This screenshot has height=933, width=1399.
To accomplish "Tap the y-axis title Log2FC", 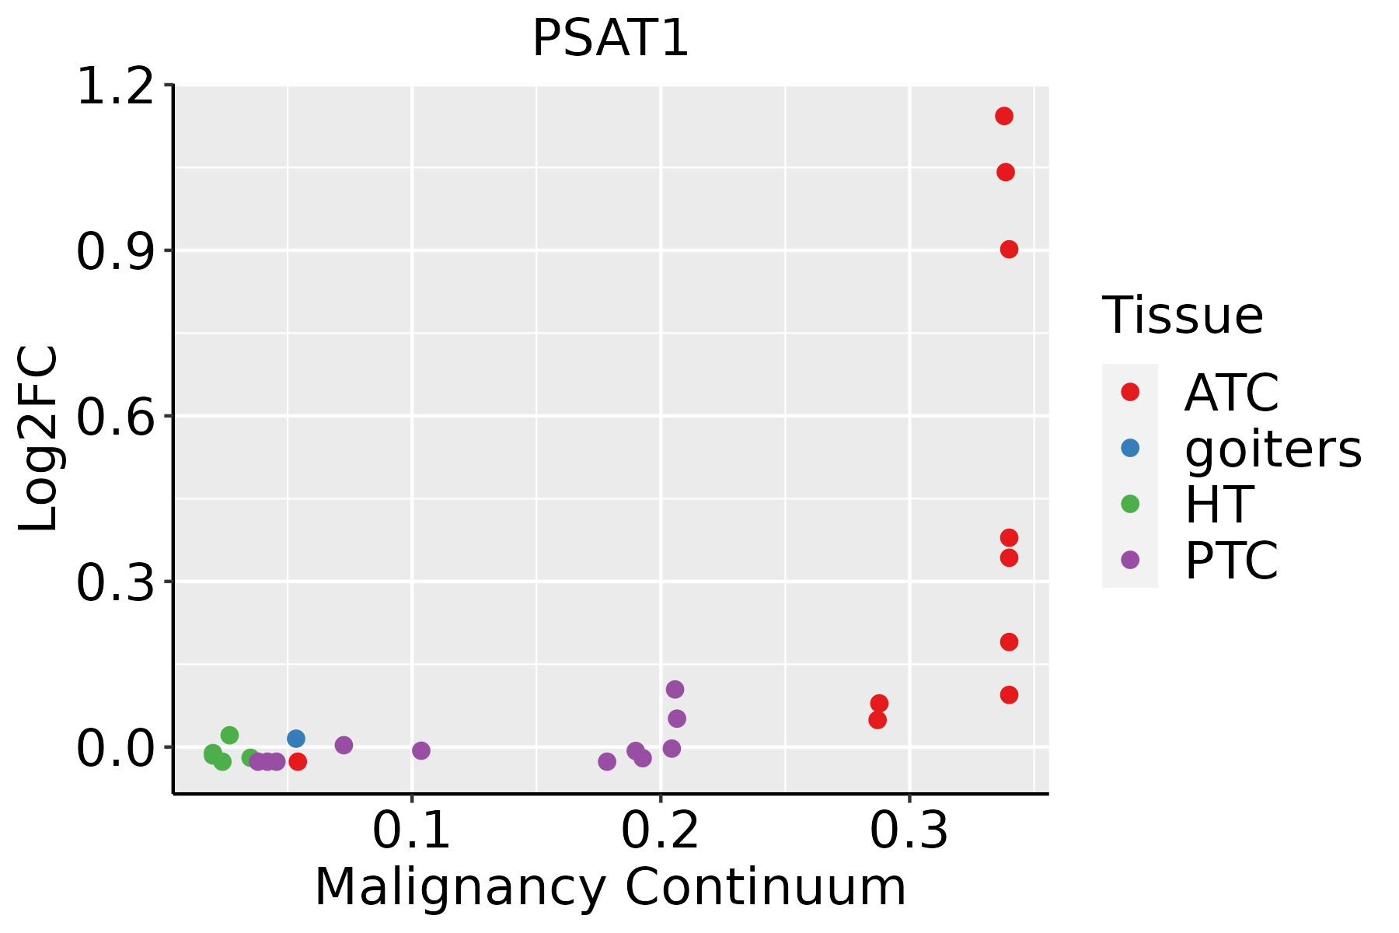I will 39,439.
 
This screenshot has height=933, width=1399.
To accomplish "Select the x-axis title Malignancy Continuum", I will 610,887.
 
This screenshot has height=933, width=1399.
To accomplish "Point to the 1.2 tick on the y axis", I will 114,86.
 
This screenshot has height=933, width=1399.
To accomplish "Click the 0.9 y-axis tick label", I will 114,250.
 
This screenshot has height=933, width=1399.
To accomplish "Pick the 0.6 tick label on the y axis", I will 114,416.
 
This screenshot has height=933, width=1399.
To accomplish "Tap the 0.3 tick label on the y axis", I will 114,582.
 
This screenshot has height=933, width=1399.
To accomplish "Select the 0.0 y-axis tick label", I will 114,747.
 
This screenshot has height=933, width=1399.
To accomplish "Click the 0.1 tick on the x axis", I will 412,831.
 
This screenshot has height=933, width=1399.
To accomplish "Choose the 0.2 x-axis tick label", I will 661,831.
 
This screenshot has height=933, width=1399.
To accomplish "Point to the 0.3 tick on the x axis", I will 909,831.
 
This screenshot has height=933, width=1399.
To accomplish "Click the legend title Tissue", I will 1183,316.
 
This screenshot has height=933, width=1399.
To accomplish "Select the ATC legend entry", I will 1231,393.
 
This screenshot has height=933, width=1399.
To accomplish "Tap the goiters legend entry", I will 1272,449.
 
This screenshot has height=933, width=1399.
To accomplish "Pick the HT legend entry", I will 1219,505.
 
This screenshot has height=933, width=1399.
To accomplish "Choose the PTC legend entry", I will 1231,561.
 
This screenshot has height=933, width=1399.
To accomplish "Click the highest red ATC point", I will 1004,117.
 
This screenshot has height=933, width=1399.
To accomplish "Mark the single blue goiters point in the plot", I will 296,739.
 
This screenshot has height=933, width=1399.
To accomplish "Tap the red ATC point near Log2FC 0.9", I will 1009,250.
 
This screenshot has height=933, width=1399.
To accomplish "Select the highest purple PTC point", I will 675,690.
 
